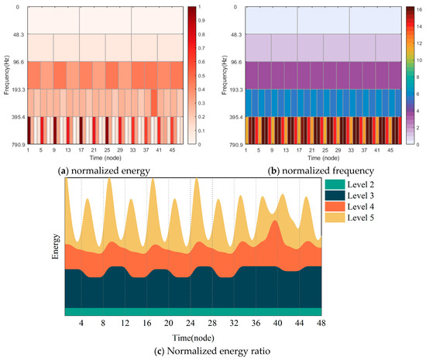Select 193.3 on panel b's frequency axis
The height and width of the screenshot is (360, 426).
pyautogui.click(x=235, y=90)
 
